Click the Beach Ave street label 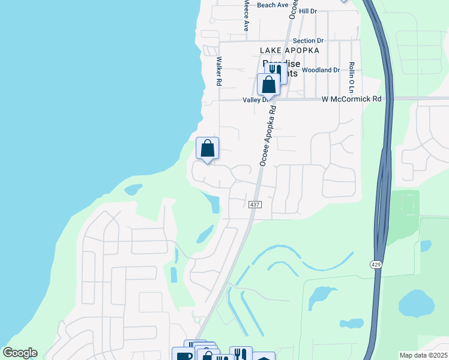point(273,5)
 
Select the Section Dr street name point(309,41)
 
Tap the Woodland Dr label point(321,70)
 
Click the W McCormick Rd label point(352,99)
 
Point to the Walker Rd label point(219,71)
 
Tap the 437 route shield point(255,205)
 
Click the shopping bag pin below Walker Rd point(207,148)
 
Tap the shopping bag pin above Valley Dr point(268,84)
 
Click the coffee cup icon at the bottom point(182,356)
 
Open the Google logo point(20,353)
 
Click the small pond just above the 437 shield point(211,202)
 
